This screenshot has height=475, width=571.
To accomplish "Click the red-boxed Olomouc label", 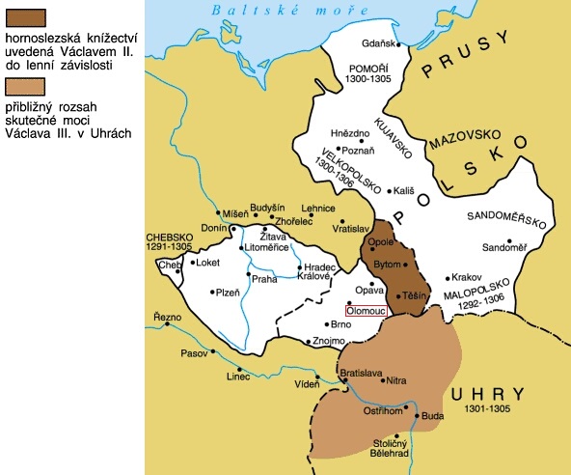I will (x=367, y=312).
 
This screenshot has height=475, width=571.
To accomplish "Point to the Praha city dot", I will (x=249, y=275).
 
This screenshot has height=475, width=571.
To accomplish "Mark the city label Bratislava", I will (x=362, y=373).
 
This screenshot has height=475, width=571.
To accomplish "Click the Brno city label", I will (x=340, y=325).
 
